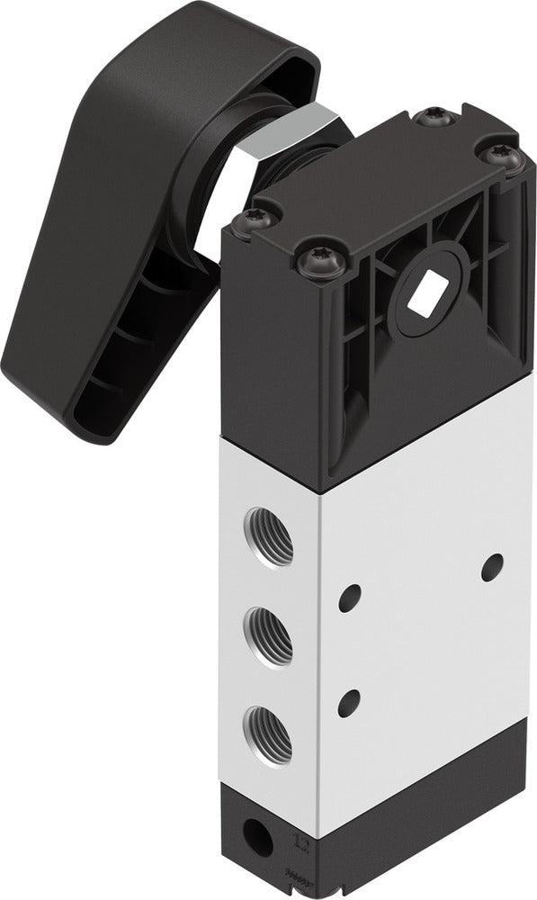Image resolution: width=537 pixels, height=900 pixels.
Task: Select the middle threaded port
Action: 269,636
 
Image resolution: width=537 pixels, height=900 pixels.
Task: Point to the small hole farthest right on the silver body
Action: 492,566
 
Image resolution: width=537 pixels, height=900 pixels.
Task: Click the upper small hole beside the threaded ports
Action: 350,598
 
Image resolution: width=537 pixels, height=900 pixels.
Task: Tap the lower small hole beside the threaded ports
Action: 349,702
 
